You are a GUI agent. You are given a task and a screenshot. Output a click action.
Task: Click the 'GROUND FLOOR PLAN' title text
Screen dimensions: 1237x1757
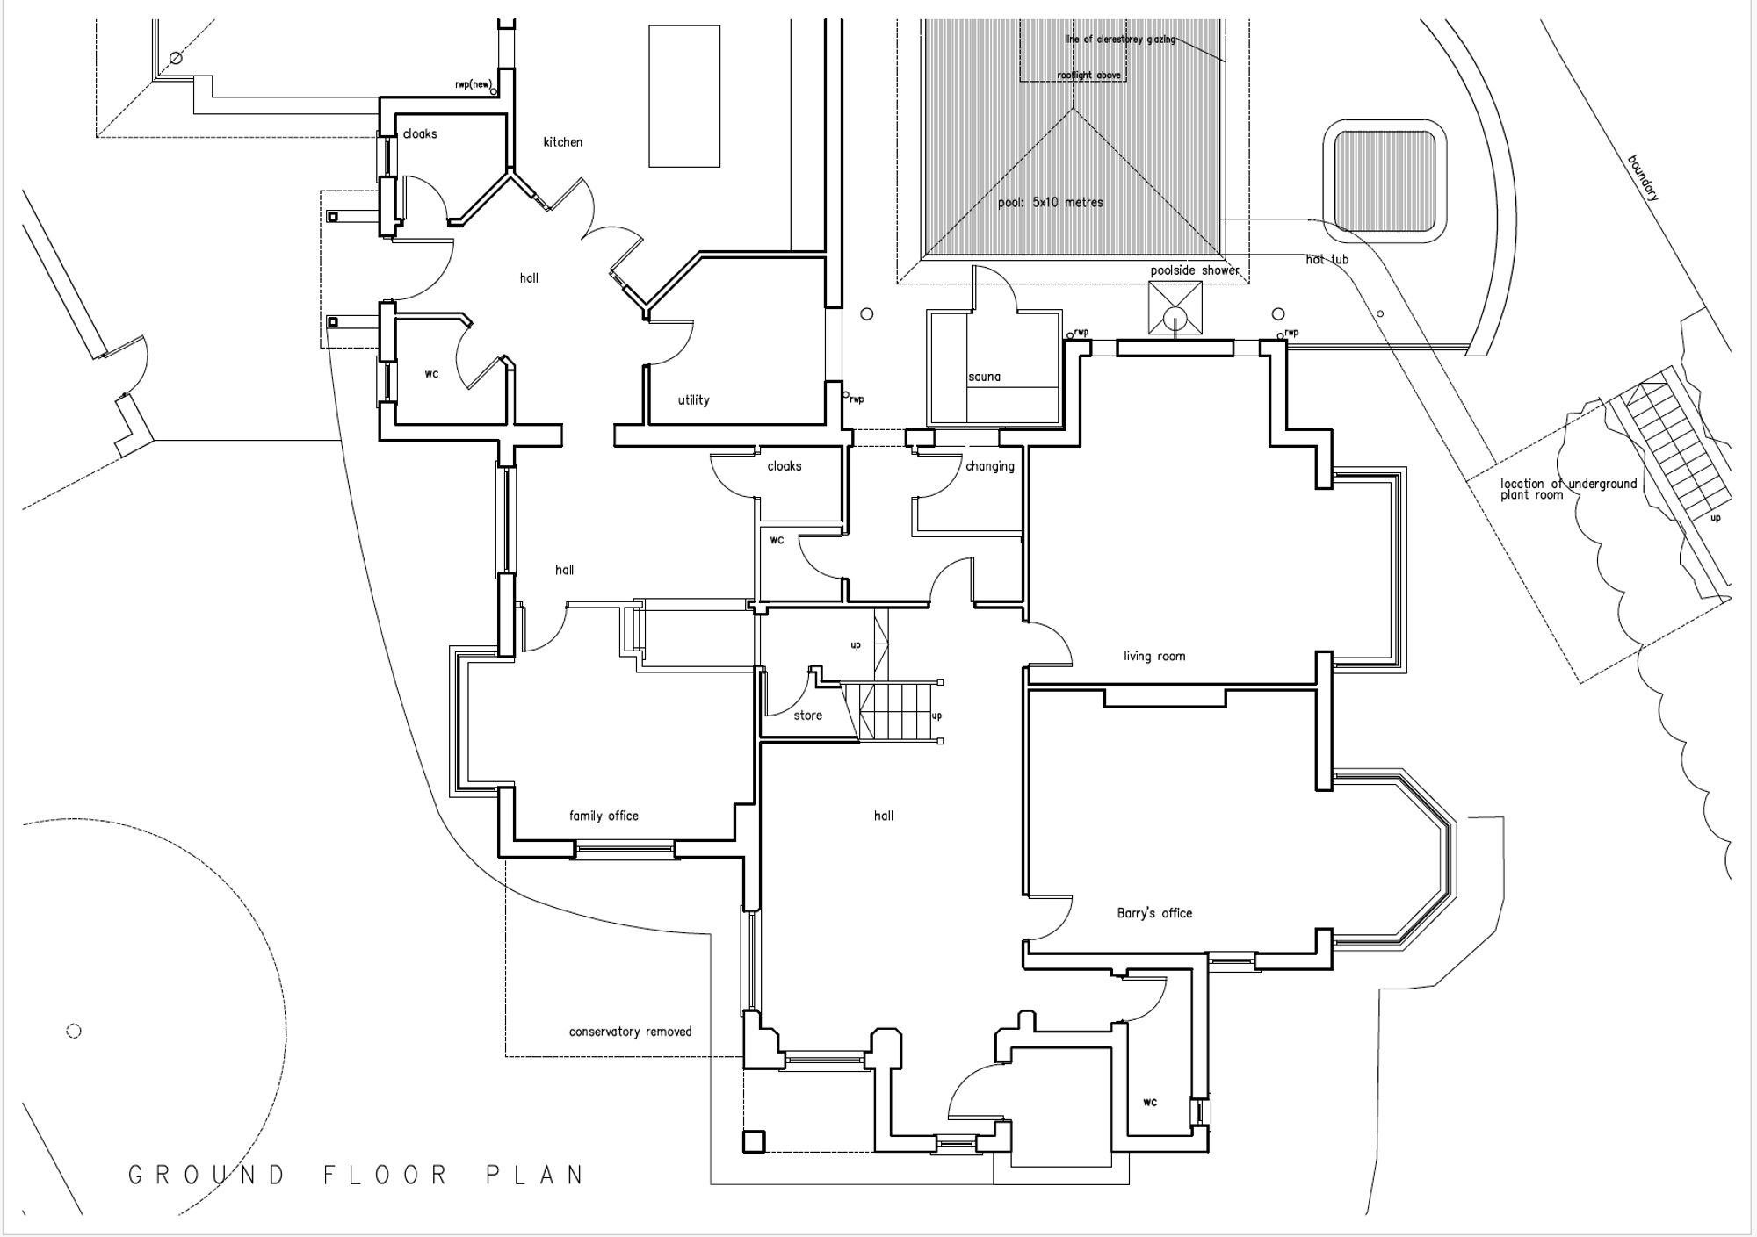pyautogui.click(x=356, y=1175)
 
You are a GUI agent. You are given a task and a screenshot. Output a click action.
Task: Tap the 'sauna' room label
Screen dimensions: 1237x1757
pyautogui.click(x=984, y=377)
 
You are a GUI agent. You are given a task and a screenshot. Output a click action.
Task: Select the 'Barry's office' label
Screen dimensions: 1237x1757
pyautogui.click(x=1154, y=913)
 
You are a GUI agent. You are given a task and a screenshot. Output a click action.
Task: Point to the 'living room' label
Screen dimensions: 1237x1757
pyautogui.click(x=1154, y=656)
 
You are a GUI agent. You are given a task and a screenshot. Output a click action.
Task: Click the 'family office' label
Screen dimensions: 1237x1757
pyautogui.click(x=604, y=816)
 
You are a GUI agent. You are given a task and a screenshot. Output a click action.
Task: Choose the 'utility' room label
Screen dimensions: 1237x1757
pyautogui.click(x=693, y=400)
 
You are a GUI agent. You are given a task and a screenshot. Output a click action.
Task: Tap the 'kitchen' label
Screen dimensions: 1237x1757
pyautogui.click(x=562, y=142)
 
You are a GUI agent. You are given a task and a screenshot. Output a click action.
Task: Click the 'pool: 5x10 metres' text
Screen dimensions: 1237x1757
pyautogui.click(x=1050, y=203)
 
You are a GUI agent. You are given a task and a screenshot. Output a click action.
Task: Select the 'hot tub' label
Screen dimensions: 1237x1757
pyautogui.click(x=1327, y=260)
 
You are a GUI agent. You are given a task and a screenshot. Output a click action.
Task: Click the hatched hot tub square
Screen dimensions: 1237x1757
pyautogui.click(x=1385, y=180)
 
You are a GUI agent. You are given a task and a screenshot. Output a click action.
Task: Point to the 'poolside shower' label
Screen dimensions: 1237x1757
pyautogui.click(x=1195, y=270)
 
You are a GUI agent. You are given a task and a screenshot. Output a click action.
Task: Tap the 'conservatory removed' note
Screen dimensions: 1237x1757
pyautogui.click(x=630, y=1032)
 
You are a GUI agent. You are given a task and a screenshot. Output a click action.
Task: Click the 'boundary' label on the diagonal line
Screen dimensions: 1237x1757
pyautogui.click(x=1643, y=178)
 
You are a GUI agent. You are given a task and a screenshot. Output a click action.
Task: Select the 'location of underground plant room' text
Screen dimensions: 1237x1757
pyautogui.click(x=1568, y=489)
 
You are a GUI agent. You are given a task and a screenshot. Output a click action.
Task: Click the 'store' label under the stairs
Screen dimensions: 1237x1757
pyautogui.click(x=807, y=716)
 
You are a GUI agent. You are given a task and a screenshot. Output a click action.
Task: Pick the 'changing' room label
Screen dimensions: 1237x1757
pyautogui.click(x=989, y=466)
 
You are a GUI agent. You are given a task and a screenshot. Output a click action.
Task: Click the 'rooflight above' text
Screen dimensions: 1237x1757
pyautogui.click(x=1088, y=76)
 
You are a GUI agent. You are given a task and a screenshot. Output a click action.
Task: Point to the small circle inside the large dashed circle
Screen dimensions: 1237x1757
pyautogui.click(x=74, y=1031)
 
